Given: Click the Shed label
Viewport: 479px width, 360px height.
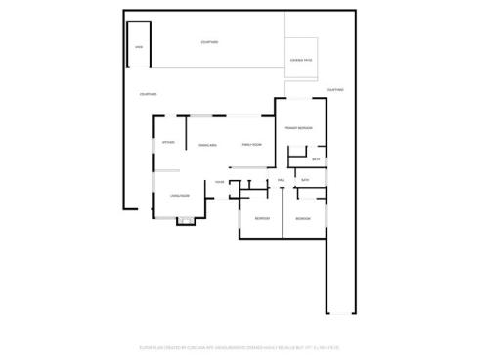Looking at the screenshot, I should pos(138,47).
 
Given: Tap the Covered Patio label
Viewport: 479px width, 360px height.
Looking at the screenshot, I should pos(300,61).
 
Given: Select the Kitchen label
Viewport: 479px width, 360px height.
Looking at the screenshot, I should pos(168,143).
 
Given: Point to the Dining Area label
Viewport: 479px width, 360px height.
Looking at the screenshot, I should pos(207,145).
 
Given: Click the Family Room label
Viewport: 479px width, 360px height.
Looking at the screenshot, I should pos(253,145).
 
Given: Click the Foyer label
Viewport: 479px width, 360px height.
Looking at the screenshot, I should pos(220,182).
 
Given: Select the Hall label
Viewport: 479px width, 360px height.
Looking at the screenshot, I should pos(281,181).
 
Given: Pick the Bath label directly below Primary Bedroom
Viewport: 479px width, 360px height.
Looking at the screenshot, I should pos(315,159).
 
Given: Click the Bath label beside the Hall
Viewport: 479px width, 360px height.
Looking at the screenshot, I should pos(305,181).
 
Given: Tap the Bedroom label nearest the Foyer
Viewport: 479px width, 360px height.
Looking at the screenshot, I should pos(261,218).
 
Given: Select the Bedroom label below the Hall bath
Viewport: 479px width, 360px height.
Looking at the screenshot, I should pos(303,218).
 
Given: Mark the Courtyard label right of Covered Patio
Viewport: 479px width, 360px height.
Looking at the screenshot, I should pos(335,90).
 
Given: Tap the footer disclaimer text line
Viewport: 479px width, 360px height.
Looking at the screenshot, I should pos(239,347).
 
